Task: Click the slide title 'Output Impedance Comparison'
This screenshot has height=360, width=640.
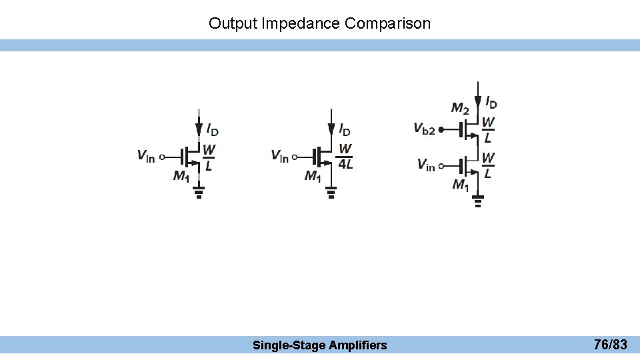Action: (x=319, y=23)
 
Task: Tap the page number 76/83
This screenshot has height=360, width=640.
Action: (x=610, y=345)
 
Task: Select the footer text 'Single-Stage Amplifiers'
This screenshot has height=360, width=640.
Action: (x=319, y=345)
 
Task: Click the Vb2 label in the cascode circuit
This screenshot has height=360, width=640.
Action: (x=424, y=129)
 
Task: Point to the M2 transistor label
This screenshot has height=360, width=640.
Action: (x=460, y=107)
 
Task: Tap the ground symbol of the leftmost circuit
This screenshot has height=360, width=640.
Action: (x=198, y=193)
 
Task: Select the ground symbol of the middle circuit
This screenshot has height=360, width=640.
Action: (x=331, y=193)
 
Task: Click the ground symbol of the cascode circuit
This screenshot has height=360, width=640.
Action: (x=478, y=201)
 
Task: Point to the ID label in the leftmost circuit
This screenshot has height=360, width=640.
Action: (x=212, y=129)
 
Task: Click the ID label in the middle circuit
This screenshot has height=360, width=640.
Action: (x=345, y=129)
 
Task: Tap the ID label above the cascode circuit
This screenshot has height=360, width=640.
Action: (x=491, y=103)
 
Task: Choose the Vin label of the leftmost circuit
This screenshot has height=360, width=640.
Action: (x=146, y=157)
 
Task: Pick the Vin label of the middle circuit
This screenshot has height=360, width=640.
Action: (x=280, y=157)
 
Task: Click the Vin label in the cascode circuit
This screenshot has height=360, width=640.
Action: (x=426, y=164)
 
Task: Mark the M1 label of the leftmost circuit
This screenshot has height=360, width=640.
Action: (x=181, y=176)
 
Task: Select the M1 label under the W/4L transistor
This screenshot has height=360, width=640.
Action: (x=313, y=176)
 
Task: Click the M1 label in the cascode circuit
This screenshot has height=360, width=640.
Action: (x=461, y=184)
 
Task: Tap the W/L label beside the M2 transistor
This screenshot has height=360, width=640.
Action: (x=488, y=130)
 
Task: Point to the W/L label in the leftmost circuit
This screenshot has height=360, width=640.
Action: (x=209, y=157)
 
